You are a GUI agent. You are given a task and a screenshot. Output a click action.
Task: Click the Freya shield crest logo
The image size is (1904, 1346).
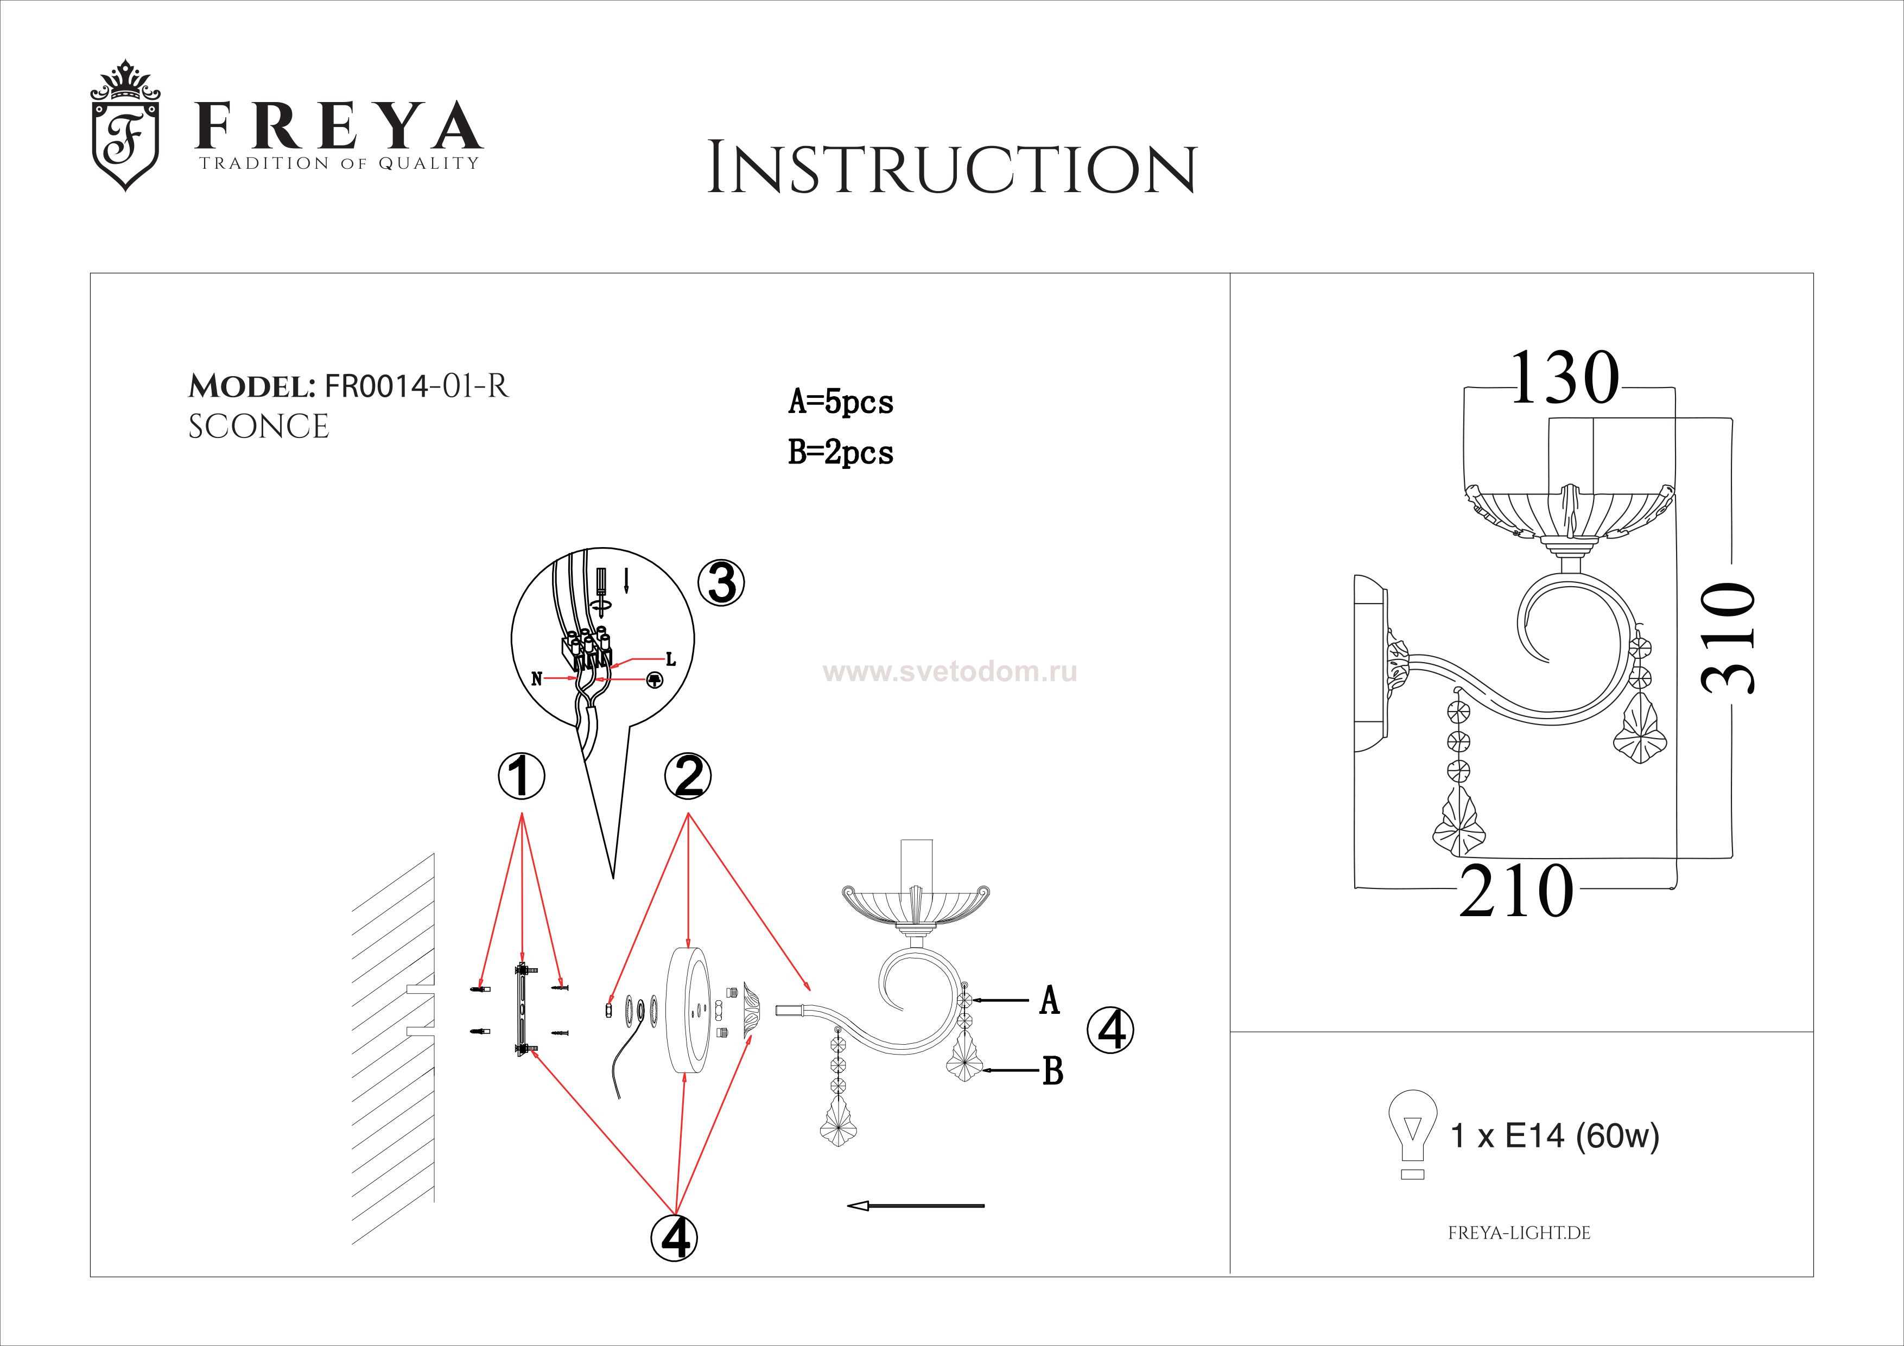tap(124, 125)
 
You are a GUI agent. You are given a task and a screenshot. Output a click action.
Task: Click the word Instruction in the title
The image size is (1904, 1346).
tap(952, 169)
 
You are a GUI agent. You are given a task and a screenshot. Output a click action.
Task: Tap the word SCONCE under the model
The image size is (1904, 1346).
tap(259, 427)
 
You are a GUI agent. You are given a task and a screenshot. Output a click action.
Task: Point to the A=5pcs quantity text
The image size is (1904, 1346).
tap(841, 402)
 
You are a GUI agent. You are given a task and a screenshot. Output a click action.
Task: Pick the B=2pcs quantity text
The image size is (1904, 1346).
tap(841, 453)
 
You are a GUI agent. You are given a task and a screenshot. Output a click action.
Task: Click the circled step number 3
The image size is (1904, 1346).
tap(721, 582)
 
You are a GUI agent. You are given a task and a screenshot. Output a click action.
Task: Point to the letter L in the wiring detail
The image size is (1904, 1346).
tap(671, 660)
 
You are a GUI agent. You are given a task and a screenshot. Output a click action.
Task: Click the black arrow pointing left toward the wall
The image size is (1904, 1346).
tap(916, 1206)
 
